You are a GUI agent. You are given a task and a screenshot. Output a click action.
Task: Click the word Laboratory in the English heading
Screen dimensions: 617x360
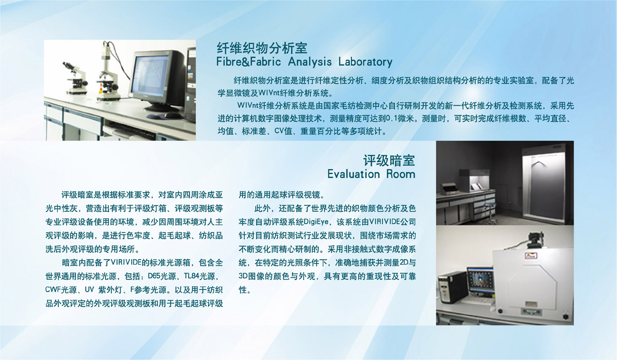tap(365, 62)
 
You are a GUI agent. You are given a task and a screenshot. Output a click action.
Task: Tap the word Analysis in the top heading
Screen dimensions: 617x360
tap(310, 62)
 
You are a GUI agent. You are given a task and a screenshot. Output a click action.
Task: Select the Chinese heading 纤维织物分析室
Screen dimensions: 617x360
tap(262, 48)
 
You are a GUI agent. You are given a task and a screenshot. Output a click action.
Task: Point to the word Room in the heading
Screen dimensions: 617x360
tap(401, 174)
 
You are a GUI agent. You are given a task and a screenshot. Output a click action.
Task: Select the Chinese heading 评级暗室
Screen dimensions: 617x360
tap(389, 160)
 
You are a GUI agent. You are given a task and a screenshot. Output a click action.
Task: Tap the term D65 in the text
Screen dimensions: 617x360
tap(154, 276)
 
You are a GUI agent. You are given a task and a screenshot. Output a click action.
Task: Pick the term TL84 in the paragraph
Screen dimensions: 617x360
tap(192, 276)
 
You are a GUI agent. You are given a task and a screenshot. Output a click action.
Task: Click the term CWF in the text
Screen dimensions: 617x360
tap(53, 290)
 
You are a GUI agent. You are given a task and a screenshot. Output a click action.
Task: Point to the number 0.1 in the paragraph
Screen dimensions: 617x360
tap(392, 118)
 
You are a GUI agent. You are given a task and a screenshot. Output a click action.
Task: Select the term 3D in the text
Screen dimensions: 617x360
tap(243, 276)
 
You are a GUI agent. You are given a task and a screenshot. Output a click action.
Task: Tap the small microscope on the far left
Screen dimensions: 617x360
tap(76, 78)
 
